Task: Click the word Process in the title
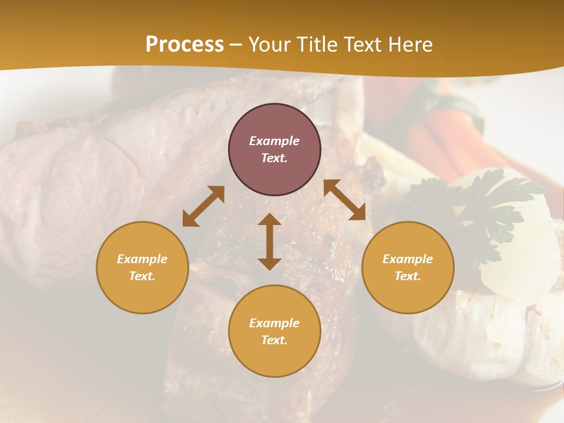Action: tap(184, 45)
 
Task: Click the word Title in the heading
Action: tap(313, 45)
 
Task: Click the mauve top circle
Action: tap(274, 150)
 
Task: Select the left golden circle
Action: tap(142, 267)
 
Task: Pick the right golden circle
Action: tap(408, 267)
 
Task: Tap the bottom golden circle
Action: tap(274, 331)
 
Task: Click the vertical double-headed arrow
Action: tap(270, 241)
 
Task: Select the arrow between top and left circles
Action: tap(203, 206)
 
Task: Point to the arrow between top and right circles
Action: tap(345, 200)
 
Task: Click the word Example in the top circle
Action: tap(274, 141)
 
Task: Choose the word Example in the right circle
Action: tap(408, 259)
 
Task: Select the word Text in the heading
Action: tap(361, 45)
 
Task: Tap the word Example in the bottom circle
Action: tap(274, 323)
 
